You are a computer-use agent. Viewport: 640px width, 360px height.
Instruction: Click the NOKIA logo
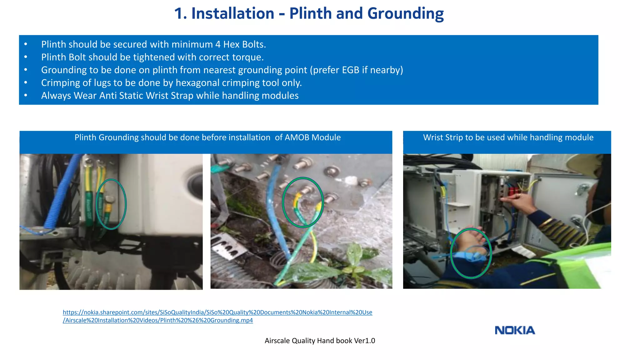point(515,330)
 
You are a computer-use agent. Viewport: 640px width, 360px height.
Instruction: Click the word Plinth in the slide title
point(311,13)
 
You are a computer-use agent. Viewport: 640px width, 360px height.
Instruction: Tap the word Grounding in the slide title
point(405,14)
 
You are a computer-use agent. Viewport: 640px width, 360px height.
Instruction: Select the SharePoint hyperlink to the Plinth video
point(217,316)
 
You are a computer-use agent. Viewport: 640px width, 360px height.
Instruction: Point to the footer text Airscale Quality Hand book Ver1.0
point(320,341)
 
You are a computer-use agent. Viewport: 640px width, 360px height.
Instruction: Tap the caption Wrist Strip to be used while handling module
point(508,137)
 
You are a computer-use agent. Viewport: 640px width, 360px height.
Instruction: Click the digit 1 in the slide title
point(178,14)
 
